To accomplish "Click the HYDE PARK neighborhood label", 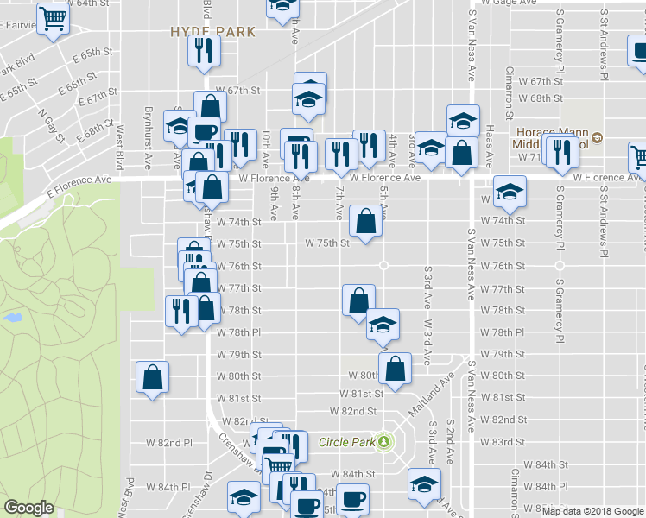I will [212, 32].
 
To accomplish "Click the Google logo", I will [28, 508].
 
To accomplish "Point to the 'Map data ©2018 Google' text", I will [592, 510].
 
